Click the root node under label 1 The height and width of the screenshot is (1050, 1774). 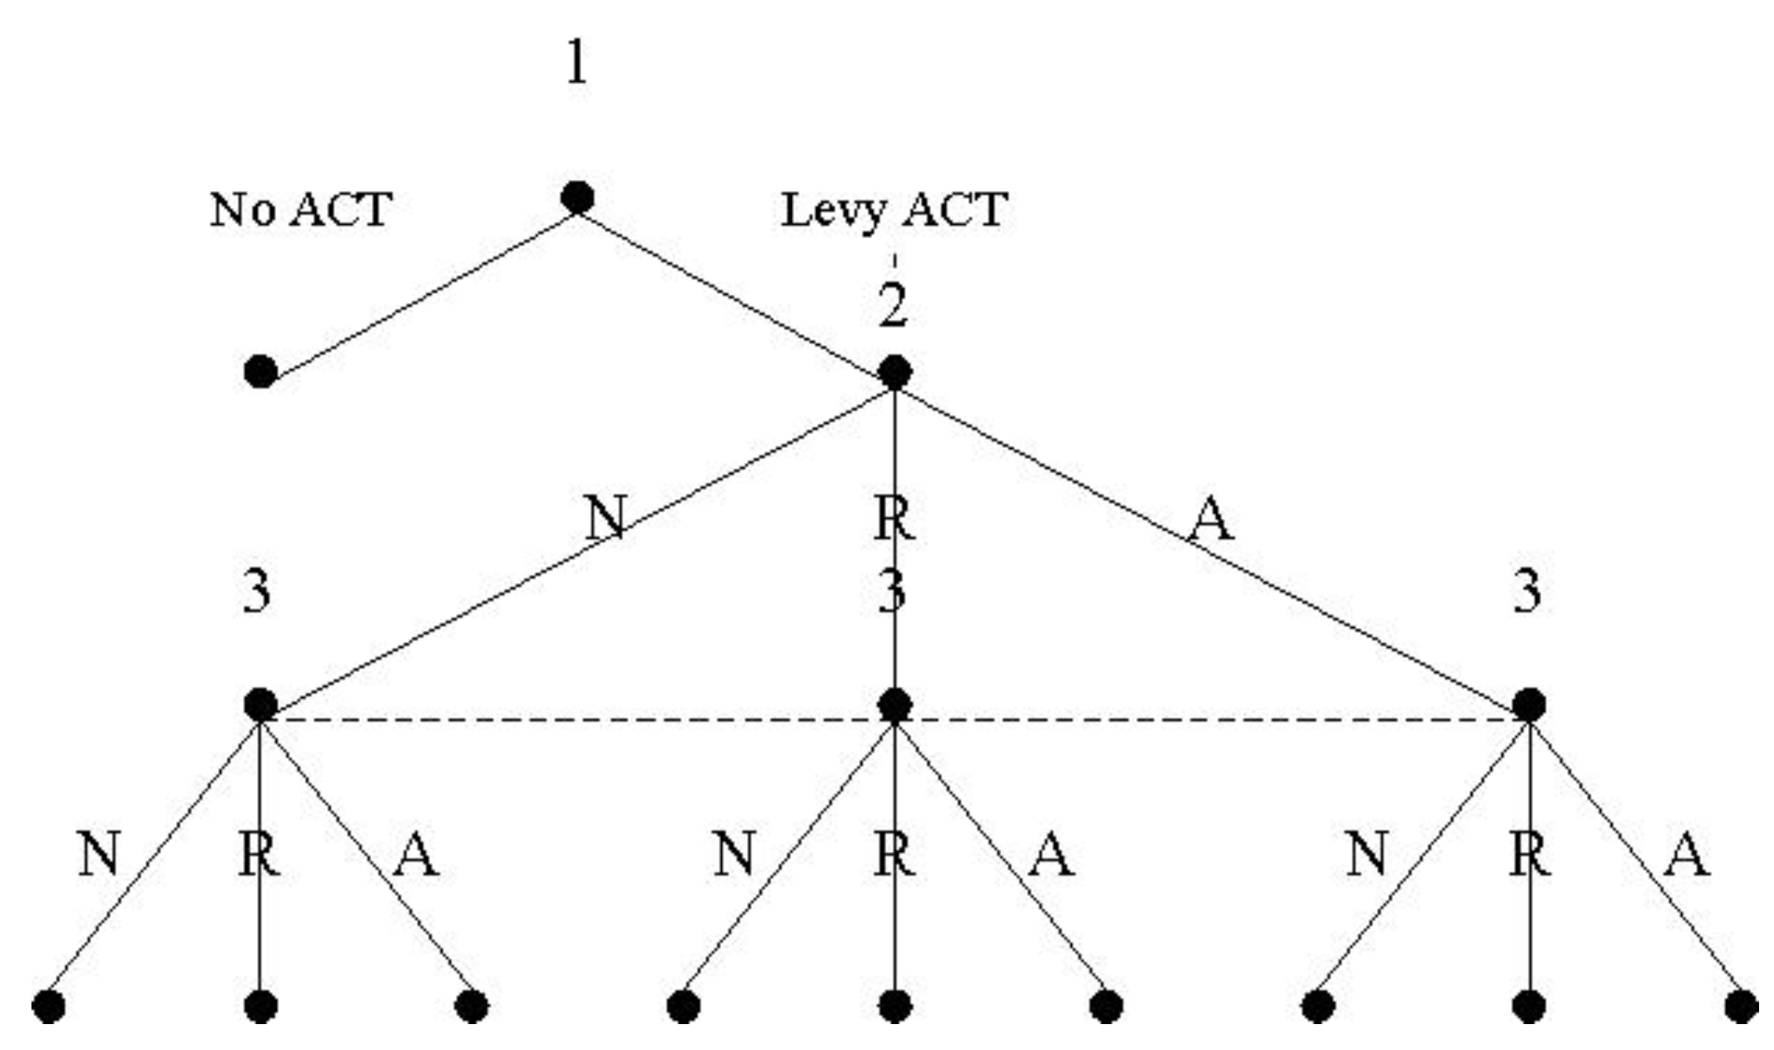point(577,197)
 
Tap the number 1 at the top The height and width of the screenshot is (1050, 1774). point(576,62)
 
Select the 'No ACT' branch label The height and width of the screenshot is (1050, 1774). point(300,210)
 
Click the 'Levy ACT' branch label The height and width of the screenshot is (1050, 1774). point(894,211)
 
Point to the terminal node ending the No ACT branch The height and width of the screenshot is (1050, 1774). point(261,371)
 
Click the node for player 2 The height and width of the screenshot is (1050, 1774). point(895,372)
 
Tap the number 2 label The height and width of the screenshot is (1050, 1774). point(893,305)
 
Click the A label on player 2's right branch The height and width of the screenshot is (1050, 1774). point(1211,519)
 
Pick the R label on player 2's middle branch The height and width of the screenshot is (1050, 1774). point(895,518)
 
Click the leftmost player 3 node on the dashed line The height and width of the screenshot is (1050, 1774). point(261,705)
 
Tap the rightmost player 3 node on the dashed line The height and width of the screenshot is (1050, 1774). point(1529,705)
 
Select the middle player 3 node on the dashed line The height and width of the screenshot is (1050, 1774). point(895,705)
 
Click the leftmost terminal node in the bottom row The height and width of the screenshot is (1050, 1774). point(49,1006)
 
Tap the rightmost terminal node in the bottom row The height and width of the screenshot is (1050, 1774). point(1741,1006)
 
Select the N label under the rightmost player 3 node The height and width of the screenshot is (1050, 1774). point(1367,854)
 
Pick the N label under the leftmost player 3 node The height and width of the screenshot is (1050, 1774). point(99,854)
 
